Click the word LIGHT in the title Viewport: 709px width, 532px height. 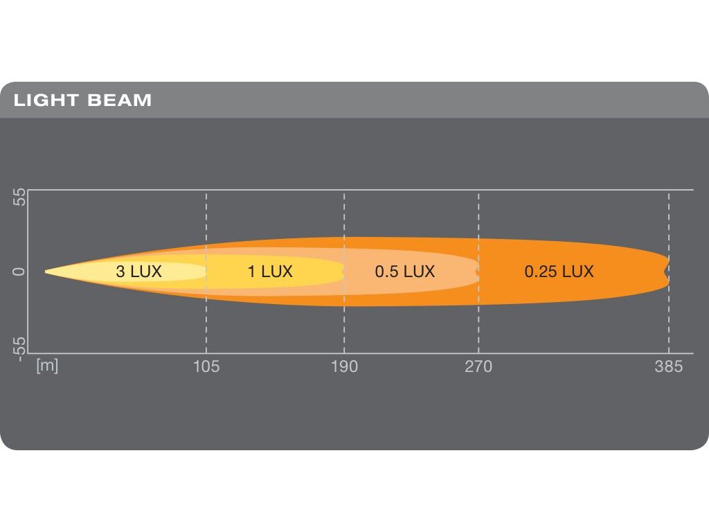click(46, 100)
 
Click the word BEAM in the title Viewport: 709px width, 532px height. click(120, 100)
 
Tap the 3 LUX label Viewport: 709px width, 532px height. click(138, 272)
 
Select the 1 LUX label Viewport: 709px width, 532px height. click(270, 272)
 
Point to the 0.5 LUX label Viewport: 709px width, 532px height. click(405, 272)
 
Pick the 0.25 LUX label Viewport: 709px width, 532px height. click(559, 272)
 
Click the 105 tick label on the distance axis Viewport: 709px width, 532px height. click(206, 366)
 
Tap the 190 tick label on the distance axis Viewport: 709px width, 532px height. click(344, 366)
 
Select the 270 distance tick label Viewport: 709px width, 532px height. click(478, 366)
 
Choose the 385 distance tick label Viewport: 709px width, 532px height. click(669, 366)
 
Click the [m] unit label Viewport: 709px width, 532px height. click(47, 366)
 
